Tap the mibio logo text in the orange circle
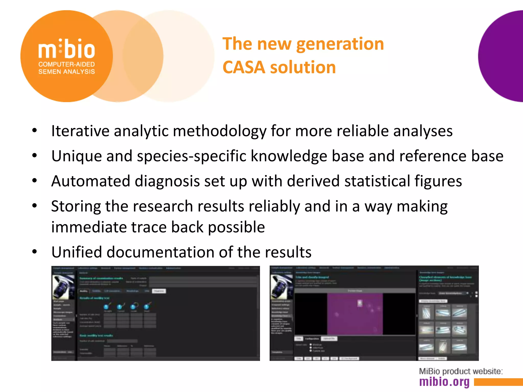[67, 49]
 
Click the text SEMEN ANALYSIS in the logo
[67, 72]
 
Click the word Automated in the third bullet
[91, 181]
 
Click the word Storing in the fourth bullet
[76, 206]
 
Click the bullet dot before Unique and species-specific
[34, 155]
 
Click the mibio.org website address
[444, 382]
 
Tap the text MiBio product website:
[461, 371]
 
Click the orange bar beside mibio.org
[498, 382]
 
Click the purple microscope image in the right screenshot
[355, 314]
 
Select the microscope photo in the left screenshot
[63, 287]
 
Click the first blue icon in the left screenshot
[106, 306]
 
